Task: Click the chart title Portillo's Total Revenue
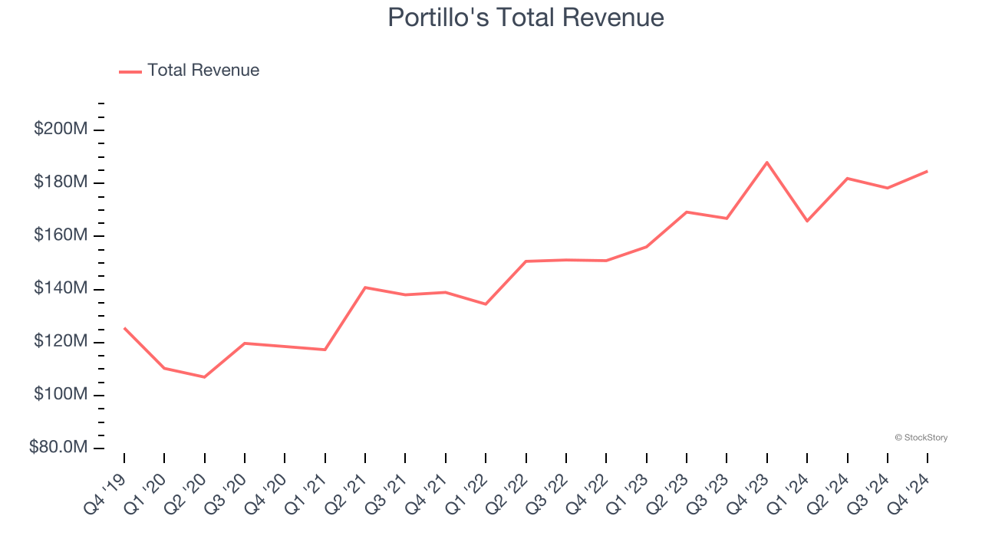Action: pyautogui.click(x=526, y=17)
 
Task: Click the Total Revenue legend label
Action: pyautogui.click(x=203, y=71)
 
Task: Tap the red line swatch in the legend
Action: pyautogui.click(x=130, y=71)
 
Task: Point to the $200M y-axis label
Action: pyautogui.click(x=61, y=129)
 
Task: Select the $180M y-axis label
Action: pyautogui.click(x=61, y=182)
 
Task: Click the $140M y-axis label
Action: pyautogui.click(x=61, y=288)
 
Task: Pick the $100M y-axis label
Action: pyautogui.click(x=61, y=394)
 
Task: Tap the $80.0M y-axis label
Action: pyautogui.click(x=58, y=447)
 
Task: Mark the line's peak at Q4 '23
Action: pyautogui.click(x=767, y=163)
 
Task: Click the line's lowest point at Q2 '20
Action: pyautogui.click(x=205, y=377)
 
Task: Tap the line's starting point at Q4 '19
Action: pyautogui.click(x=124, y=328)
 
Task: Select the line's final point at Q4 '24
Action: pyautogui.click(x=928, y=171)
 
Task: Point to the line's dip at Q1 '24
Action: pyautogui.click(x=807, y=221)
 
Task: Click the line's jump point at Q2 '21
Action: pyautogui.click(x=365, y=287)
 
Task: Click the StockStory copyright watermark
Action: pyautogui.click(x=921, y=438)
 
